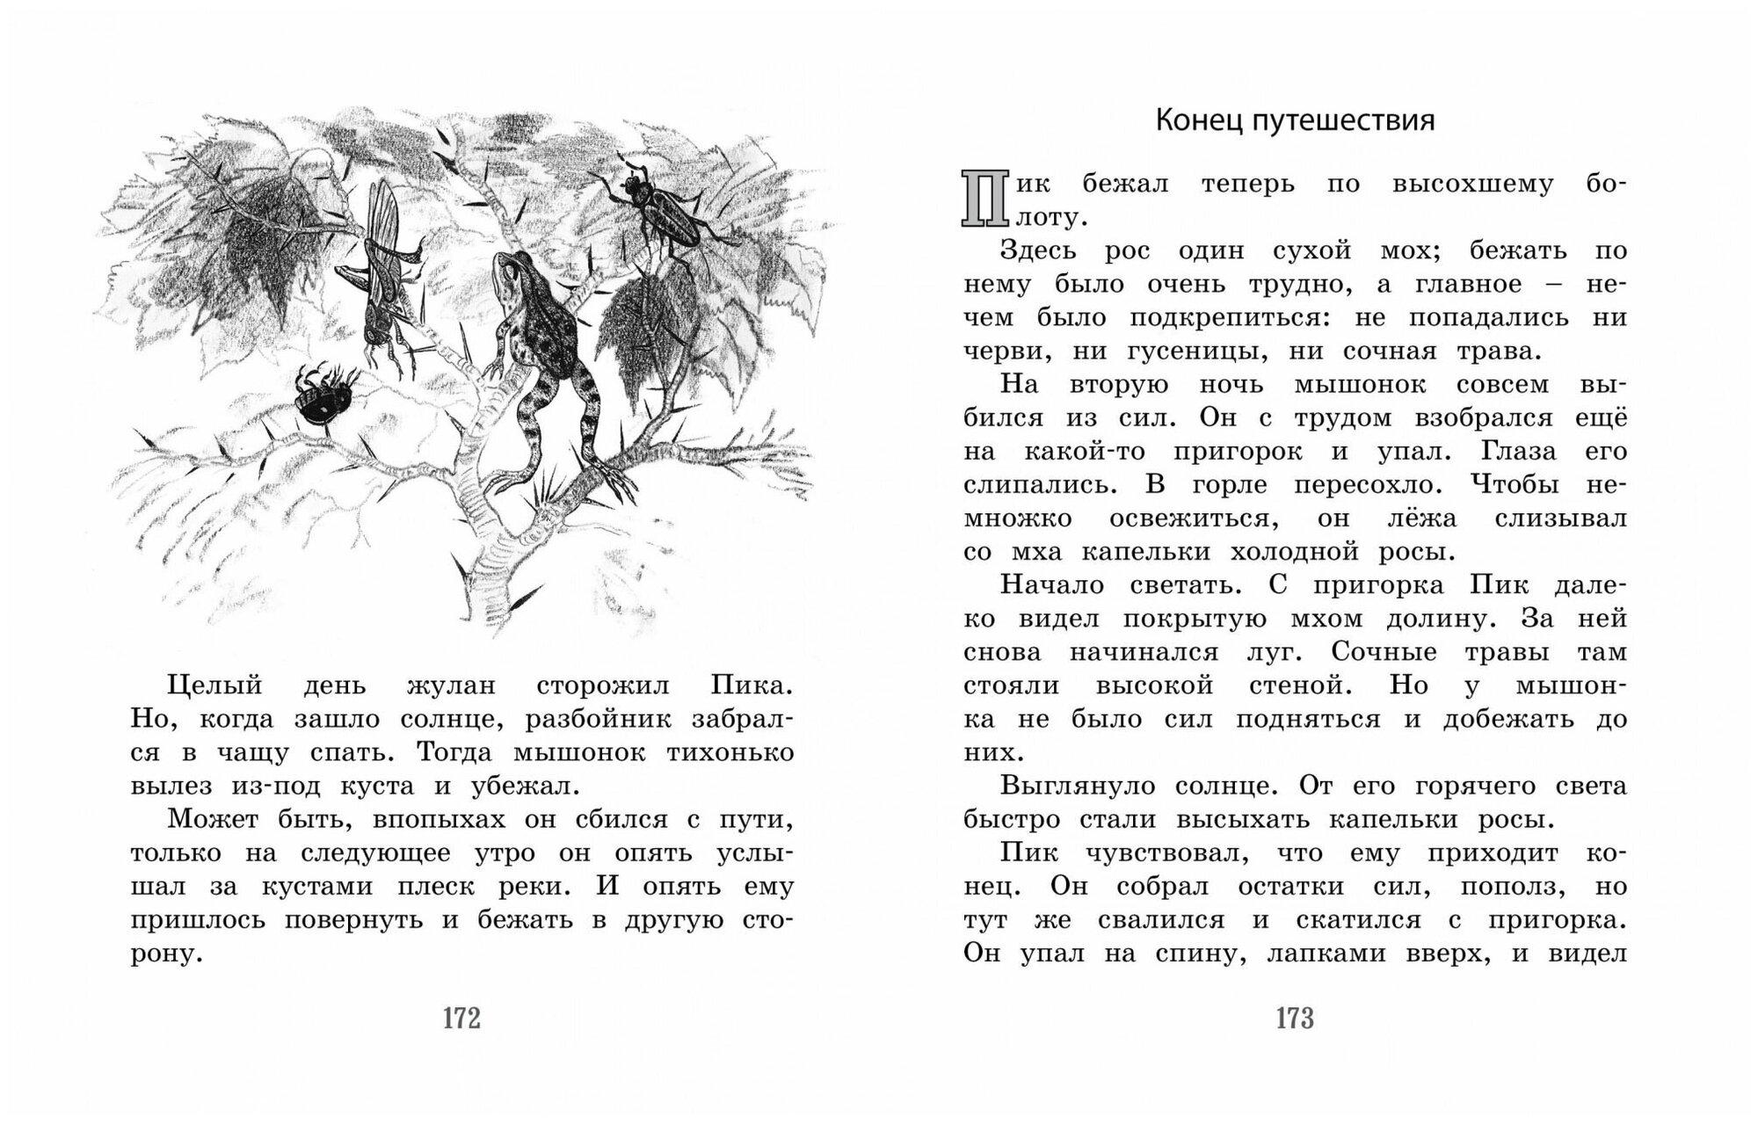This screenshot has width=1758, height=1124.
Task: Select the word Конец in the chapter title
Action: point(1196,120)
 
